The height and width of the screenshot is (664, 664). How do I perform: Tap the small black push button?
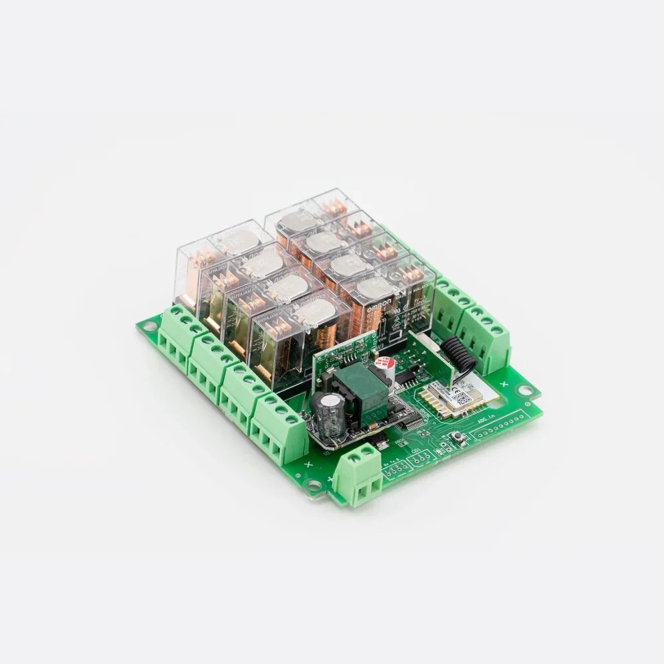459,436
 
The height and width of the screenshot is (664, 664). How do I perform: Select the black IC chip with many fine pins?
413,422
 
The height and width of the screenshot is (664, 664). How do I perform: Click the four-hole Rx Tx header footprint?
393,469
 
